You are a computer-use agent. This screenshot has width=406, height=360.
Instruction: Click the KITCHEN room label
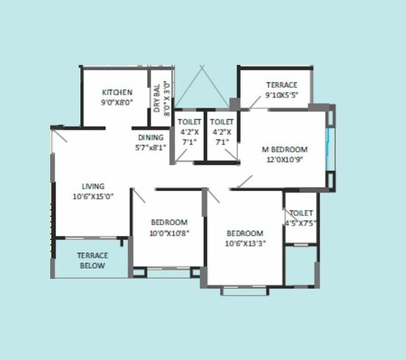[117, 92]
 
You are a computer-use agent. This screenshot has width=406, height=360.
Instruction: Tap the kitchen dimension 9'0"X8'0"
[117, 103]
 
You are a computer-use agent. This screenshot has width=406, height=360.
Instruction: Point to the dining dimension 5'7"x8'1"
[151, 147]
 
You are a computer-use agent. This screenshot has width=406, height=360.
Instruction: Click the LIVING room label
[93, 186]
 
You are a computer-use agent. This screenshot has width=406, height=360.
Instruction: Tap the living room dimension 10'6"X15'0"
[93, 197]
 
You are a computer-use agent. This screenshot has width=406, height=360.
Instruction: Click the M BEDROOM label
[285, 149]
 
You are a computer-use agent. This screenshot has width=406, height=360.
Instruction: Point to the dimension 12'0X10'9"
[285, 159]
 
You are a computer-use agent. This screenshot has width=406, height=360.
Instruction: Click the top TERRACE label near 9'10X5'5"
[282, 85]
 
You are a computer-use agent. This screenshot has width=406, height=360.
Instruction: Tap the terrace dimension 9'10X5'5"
[282, 95]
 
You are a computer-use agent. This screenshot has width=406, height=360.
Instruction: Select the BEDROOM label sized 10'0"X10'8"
[169, 222]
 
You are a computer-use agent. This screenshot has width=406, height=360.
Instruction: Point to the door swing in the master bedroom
[244, 181]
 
